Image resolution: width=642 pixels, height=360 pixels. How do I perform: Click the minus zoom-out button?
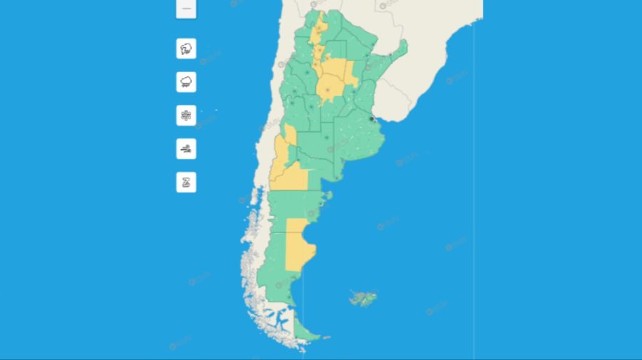tap(186, 9)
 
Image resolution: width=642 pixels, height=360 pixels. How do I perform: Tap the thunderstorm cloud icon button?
tap(186, 49)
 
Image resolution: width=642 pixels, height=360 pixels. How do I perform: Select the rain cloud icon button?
tap(186, 82)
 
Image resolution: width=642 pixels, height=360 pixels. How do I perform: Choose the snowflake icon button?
tap(186, 115)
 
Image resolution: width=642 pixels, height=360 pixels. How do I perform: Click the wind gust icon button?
tap(186, 149)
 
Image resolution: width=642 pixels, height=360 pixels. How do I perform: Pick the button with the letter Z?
tap(186, 182)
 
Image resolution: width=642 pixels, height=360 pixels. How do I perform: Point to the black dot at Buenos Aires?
tap(372, 119)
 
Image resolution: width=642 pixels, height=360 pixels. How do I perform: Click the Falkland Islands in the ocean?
tap(363, 297)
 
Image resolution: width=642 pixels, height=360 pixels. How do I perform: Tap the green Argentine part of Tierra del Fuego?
tap(307, 330)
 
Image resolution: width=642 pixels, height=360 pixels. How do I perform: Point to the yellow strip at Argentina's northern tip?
tap(320, 29)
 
